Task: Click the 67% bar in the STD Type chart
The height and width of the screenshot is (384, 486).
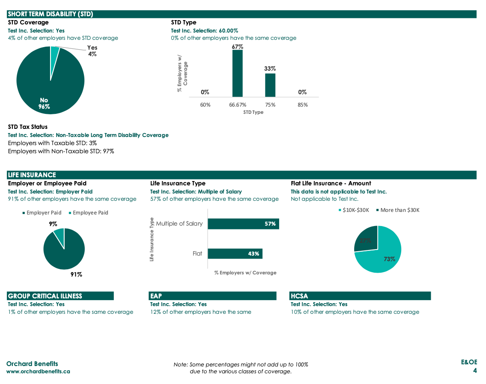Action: (x=237, y=74)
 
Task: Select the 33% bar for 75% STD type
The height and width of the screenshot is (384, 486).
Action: (x=270, y=85)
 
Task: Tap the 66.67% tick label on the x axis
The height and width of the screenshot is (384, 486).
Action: (x=237, y=104)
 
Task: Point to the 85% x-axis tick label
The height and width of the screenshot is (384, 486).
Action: (x=302, y=104)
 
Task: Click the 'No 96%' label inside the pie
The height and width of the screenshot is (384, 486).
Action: (x=44, y=104)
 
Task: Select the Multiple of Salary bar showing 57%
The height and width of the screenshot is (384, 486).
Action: (x=243, y=223)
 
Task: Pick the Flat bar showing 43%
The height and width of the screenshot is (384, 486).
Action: (x=235, y=253)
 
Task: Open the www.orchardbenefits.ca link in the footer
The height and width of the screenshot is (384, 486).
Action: (x=38, y=371)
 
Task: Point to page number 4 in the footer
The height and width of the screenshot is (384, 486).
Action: (x=475, y=370)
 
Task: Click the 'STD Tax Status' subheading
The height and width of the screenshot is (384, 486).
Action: (x=28, y=127)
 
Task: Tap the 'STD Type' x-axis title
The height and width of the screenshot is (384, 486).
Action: (x=253, y=112)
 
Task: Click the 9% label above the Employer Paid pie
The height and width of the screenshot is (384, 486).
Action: (x=53, y=223)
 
